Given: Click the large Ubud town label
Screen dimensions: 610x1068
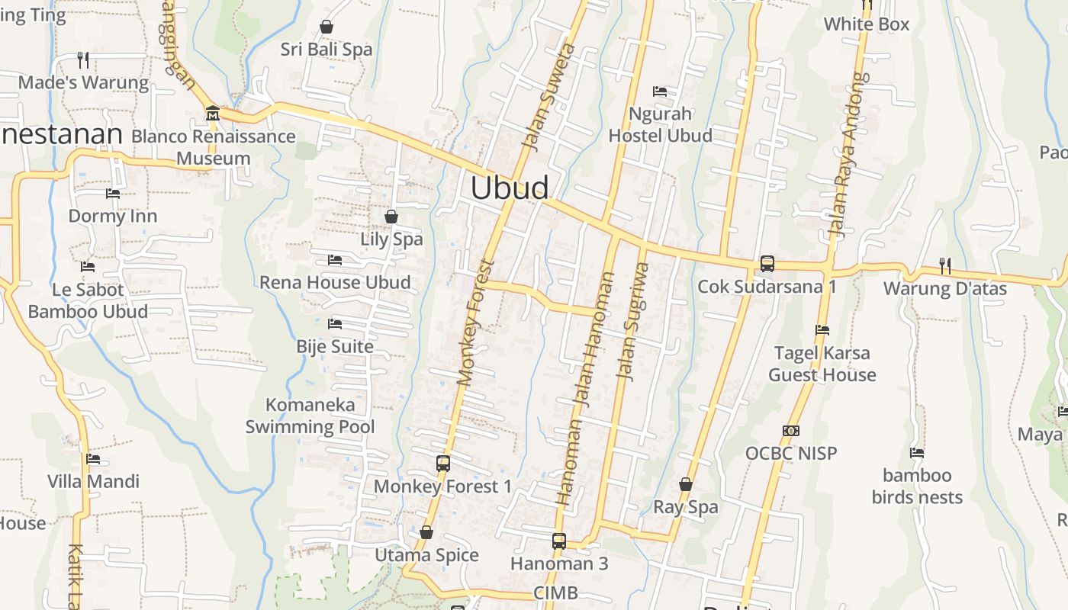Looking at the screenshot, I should point(509,188).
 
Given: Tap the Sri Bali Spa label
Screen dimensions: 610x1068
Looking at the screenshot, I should point(326,50).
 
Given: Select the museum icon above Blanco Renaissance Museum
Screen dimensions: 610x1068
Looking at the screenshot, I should point(213,114).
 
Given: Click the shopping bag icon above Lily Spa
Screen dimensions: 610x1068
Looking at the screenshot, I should point(391,217).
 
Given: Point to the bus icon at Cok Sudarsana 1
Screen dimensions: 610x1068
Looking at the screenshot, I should point(767,264).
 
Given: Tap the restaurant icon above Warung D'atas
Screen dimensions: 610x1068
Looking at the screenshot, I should point(944,265).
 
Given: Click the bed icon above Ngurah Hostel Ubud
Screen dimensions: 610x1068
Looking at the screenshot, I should point(660,91).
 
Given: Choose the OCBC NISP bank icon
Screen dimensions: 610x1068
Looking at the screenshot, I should point(791,431).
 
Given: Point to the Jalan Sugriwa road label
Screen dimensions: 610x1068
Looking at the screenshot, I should point(632,321).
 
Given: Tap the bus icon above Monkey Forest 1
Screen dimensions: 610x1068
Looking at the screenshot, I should point(442,463).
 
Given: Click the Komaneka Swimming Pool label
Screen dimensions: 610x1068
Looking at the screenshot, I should point(310,416).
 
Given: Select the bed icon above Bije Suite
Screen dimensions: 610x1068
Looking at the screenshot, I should point(334,323).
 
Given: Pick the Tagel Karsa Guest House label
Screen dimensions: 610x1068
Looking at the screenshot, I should point(822,364).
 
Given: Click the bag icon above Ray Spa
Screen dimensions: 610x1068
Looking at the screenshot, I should point(685,484).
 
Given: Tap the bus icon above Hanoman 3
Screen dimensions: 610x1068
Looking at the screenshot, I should point(559,541).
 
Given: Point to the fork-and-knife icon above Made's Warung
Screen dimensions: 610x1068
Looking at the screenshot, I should point(83,59).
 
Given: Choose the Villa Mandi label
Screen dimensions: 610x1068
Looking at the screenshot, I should point(93,481).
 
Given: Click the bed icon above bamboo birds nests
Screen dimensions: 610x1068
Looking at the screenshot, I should point(917,453).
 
